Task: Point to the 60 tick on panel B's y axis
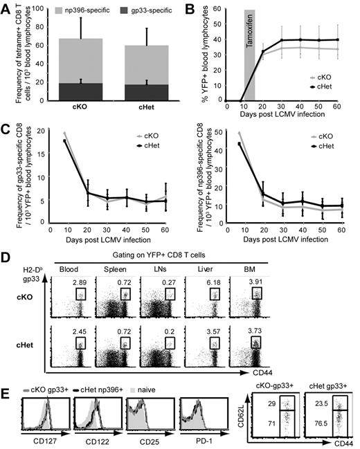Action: [x=220, y=10]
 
